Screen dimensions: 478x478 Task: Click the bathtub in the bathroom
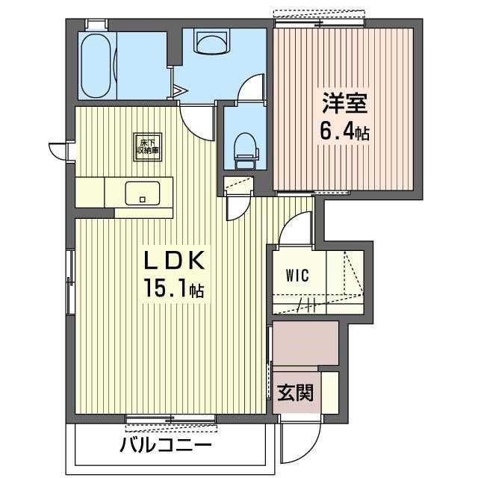pos(96,65)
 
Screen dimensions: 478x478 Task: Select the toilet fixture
pos(244,146)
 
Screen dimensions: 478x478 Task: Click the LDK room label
pos(174,261)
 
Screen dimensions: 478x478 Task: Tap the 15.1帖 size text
pos(174,289)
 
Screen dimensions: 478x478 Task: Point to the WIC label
pos(297,274)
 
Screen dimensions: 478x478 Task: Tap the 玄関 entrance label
pos(297,392)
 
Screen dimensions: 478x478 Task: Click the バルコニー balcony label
pos(165,447)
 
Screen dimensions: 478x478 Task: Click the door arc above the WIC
pos(297,228)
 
